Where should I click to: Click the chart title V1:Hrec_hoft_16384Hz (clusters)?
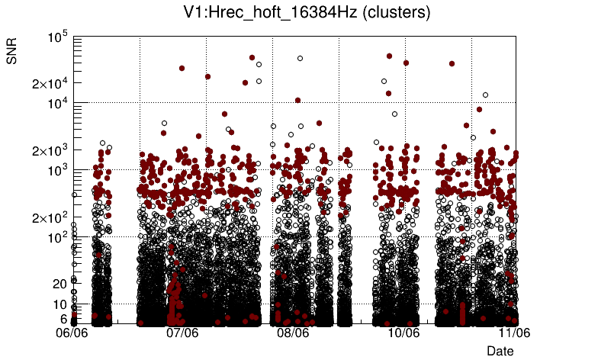[x=307, y=13]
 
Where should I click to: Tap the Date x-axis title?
[x=500, y=350]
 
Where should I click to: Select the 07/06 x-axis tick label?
[x=183, y=333]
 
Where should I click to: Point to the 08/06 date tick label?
[x=294, y=333]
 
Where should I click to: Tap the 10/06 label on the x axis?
[x=404, y=333]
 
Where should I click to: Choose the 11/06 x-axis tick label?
[x=515, y=333]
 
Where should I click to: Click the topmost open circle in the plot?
[x=301, y=58]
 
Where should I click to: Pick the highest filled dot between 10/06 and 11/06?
[x=452, y=63]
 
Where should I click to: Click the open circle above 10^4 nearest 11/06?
[x=485, y=95]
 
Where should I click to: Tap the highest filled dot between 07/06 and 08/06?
[x=252, y=57]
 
